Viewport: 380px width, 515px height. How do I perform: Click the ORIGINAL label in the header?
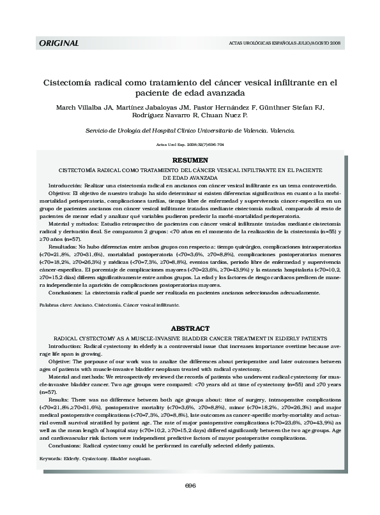(59, 43)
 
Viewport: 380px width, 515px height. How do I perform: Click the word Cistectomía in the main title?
(70, 82)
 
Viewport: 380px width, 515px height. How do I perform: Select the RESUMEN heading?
(190, 160)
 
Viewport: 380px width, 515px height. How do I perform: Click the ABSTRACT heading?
(190, 328)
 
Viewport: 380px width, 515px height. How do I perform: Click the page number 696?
(190, 486)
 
